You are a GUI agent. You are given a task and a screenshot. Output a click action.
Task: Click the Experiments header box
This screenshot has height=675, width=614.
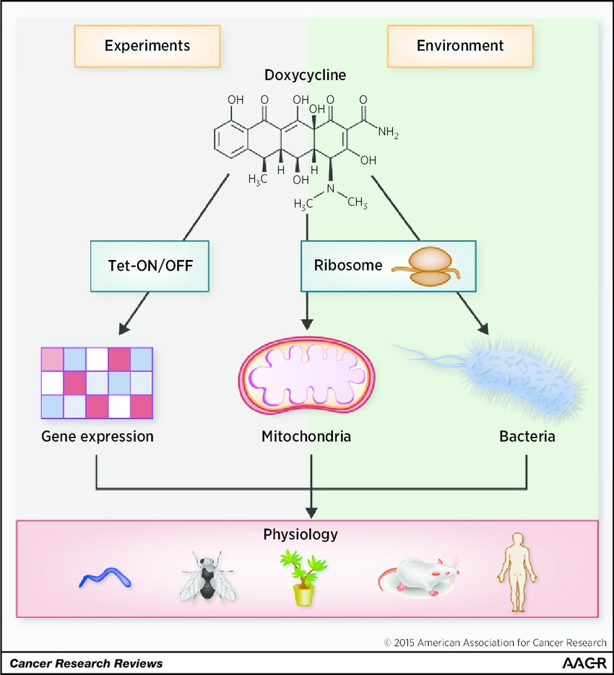coord(147,45)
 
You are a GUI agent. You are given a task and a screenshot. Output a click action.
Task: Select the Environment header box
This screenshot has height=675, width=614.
coord(460,45)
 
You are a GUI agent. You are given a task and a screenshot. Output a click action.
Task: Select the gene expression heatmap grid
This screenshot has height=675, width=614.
coord(97,383)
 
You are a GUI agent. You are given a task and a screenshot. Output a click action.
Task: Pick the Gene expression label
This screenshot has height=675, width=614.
coord(97,436)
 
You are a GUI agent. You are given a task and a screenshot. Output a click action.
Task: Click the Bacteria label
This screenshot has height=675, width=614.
coord(527,436)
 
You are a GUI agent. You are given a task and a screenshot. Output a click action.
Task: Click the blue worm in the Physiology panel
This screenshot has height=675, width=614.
coord(105,575)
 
